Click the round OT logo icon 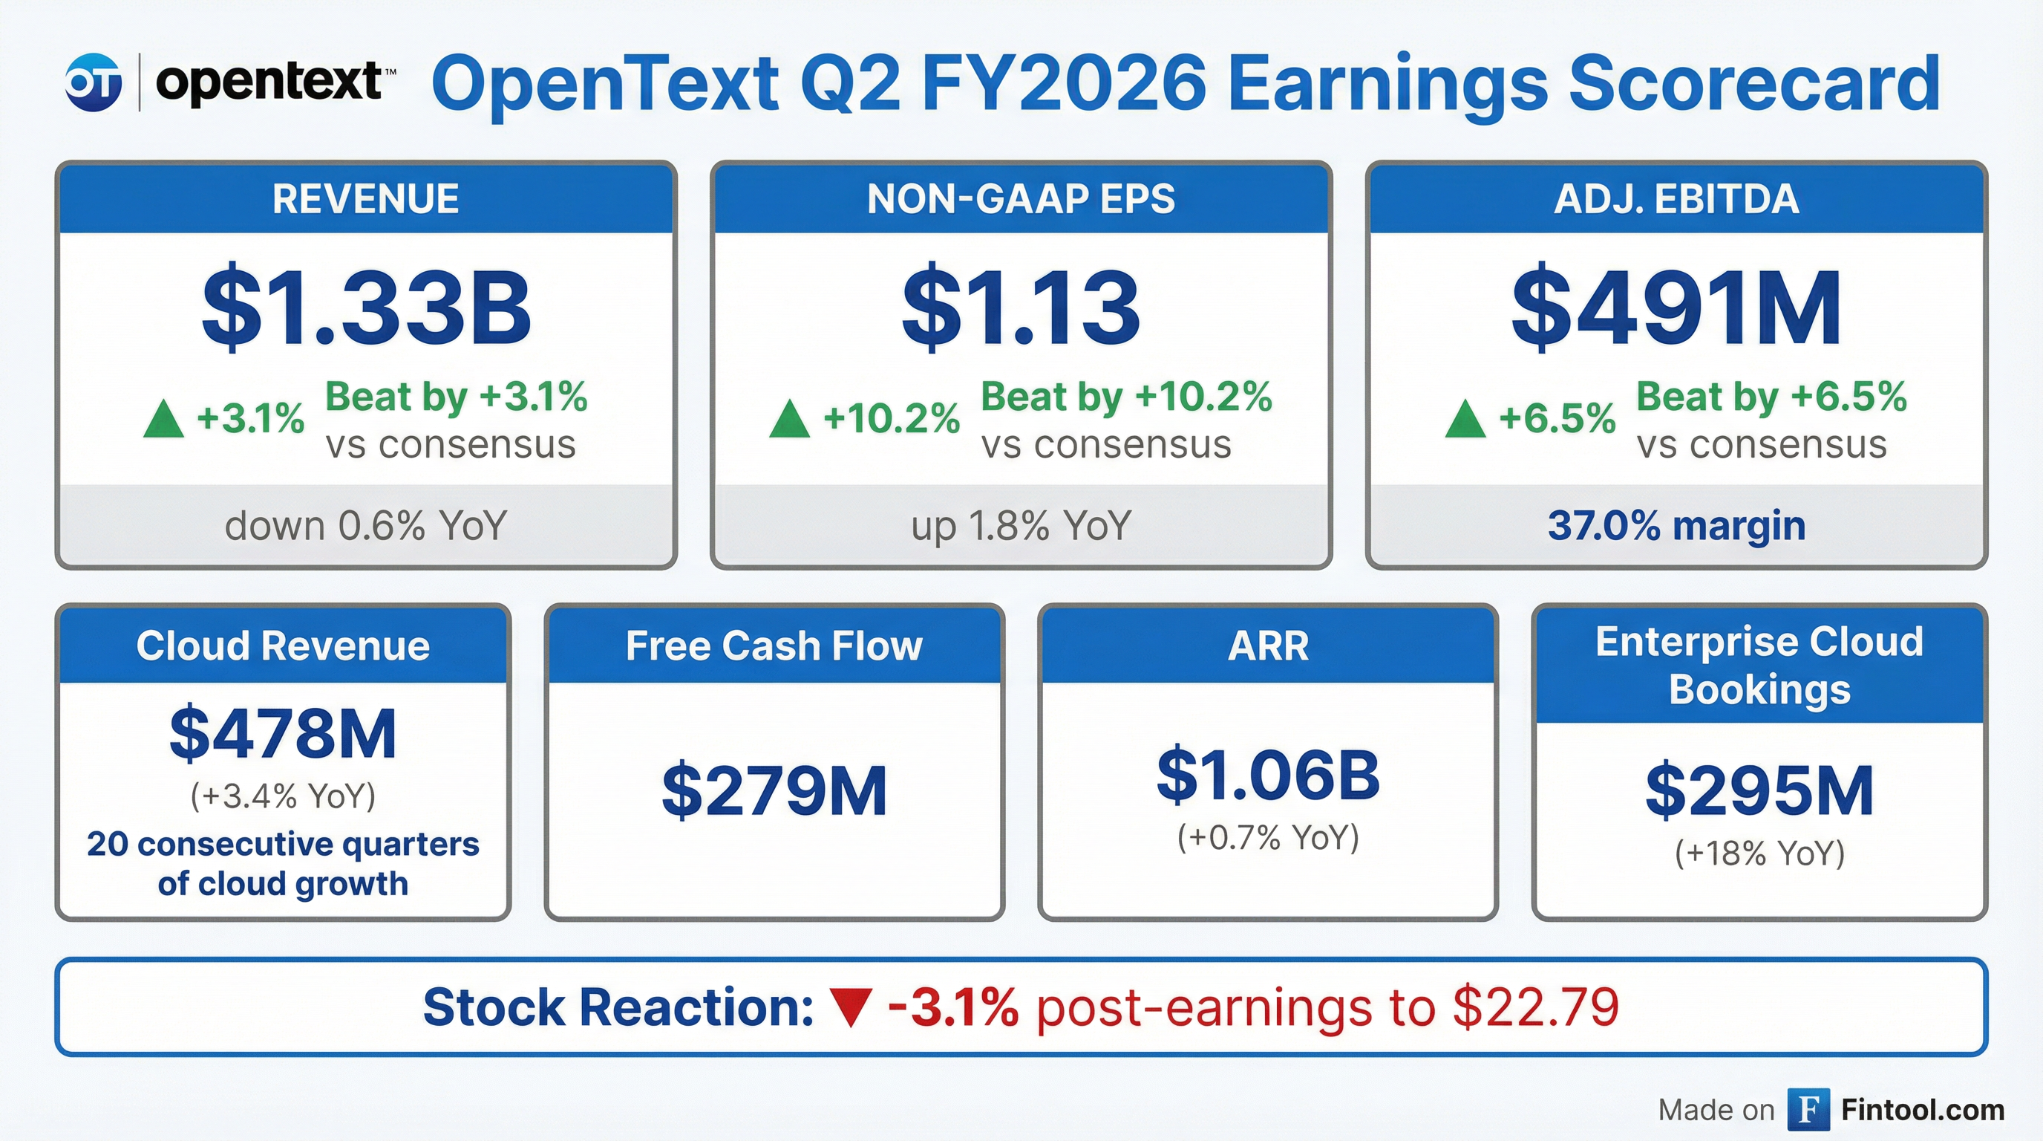tap(94, 82)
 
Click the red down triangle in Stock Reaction tap(851, 1008)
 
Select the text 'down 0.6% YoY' tap(365, 526)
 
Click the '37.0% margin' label tap(1676, 526)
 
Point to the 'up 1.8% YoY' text tap(1021, 526)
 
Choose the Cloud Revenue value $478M tap(283, 734)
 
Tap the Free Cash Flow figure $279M tap(774, 791)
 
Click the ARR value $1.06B tap(1267, 776)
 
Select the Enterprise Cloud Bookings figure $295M tap(1759, 791)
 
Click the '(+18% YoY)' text tap(1759, 854)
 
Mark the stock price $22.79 tap(1535, 1008)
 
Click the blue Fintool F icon tap(1808, 1109)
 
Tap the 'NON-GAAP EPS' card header tap(1021, 198)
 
